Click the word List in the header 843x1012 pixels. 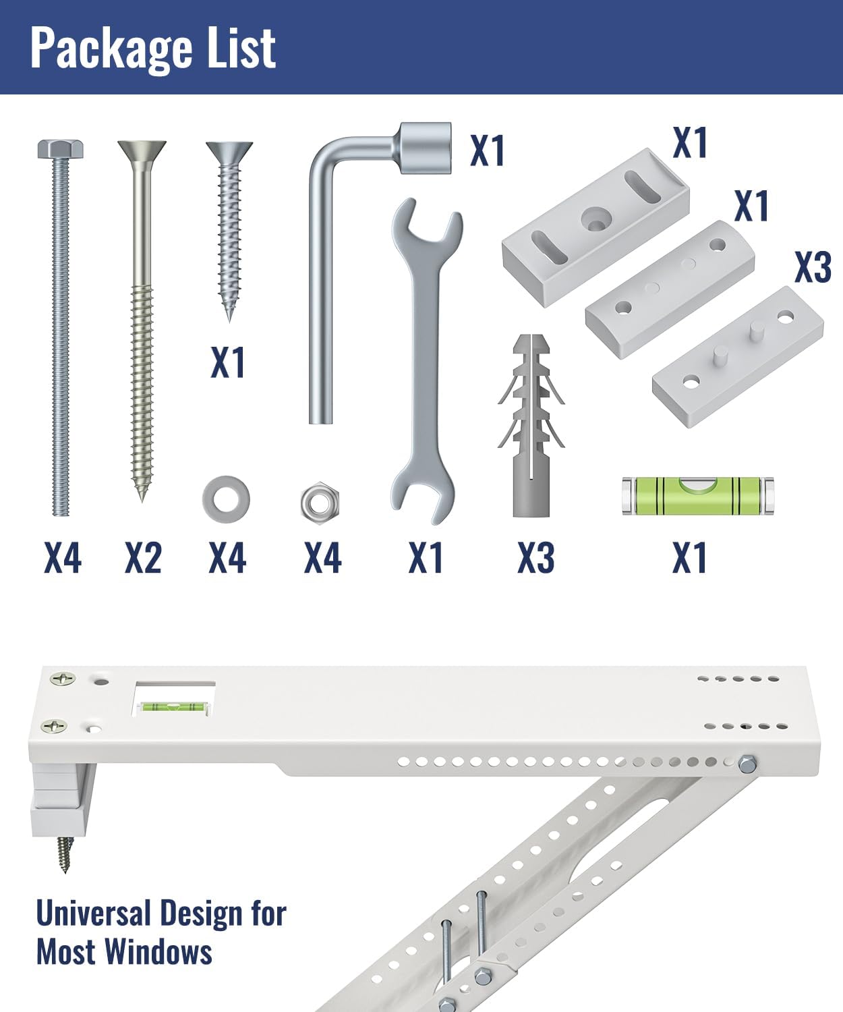click(241, 47)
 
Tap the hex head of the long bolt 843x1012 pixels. click(61, 149)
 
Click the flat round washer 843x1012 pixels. click(226, 500)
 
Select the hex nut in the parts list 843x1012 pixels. click(320, 503)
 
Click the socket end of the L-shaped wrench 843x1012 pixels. click(426, 148)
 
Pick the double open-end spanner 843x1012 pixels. click(426, 361)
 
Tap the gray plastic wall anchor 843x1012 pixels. click(531, 426)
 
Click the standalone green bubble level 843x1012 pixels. click(698, 496)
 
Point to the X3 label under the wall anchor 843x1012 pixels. click(536, 558)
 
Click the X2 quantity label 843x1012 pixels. click(143, 558)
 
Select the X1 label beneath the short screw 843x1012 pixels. click(228, 362)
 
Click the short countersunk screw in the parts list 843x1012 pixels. click(230, 231)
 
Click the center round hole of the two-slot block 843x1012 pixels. click(595, 216)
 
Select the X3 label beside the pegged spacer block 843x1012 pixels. click(813, 267)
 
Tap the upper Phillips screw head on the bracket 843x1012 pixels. click(63, 679)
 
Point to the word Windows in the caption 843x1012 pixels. click(158, 952)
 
